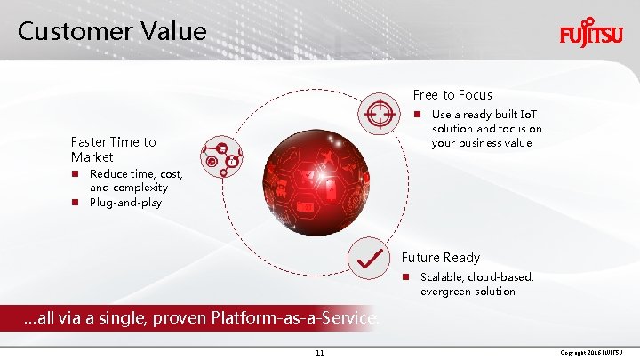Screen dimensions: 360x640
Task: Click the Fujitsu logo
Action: tap(591, 35)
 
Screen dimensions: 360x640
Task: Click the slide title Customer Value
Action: tap(112, 31)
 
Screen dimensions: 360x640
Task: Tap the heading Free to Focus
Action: tap(452, 94)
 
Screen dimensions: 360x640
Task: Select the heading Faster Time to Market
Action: tap(113, 149)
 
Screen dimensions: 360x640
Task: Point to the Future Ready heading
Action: tap(440, 258)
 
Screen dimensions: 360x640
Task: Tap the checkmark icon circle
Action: tap(368, 259)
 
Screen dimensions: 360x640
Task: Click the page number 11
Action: tap(320, 353)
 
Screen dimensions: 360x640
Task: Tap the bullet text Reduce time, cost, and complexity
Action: tap(128, 180)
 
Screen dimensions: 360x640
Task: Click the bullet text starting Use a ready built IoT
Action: tap(486, 129)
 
